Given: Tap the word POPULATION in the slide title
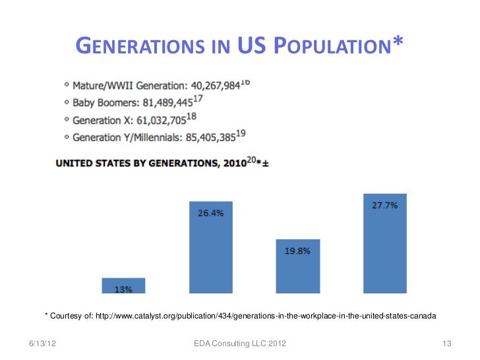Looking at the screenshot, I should click(x=337, y=45).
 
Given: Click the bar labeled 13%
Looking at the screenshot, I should click(x=123, y=285).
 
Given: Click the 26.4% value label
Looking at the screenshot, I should click(x=210, y=213).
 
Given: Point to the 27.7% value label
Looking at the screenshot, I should click(x=384, y=205).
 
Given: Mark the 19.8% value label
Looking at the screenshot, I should click(x=297, y=251).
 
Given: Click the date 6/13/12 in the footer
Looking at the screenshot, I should click(x=43, y=344).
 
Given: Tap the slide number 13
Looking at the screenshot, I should click(x=446, y=344).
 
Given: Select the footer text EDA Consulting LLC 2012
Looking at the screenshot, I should click(x=240, y=344).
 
